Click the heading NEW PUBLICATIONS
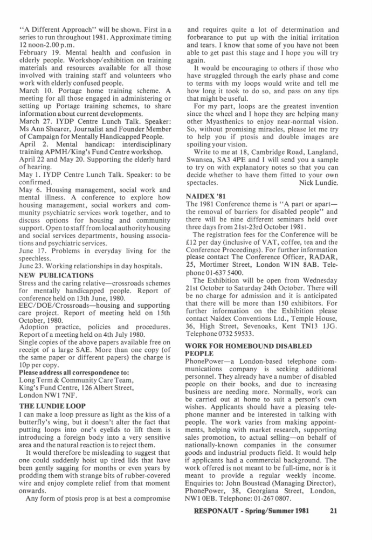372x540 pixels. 56,275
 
